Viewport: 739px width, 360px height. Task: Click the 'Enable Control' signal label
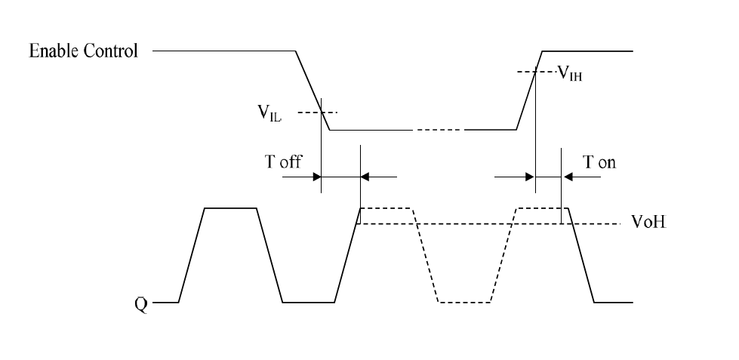pyautogui.click(x=83, y=51)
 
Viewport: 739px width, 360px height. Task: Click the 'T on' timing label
pyautogui.click(x=599, y=162)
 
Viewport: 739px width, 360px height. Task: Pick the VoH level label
pyautogui.click(x=648, y=224)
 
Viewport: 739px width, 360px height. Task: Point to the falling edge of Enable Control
pyautogui.click(x=313, y=91)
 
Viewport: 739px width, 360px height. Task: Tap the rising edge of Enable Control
pyautogui.click(x=529, y=91)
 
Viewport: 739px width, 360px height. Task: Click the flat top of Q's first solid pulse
pyautogui.click(x=231, y=208)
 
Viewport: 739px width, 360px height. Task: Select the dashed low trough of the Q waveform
pyautogui.click(x=465, y=303)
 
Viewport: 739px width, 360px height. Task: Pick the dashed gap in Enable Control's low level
pyautogui.click(x=438, y=131)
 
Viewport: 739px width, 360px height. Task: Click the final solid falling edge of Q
pyautogui.click(x=581, y=257)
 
